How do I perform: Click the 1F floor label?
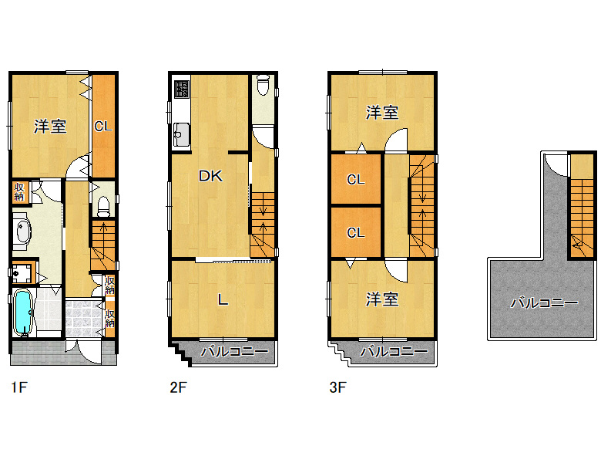(x=19, y=387)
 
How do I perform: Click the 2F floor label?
(x=178, y=387)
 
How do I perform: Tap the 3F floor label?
(x=337, y=387)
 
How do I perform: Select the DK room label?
(x=210, y=176)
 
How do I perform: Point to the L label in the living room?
(x=223, y=299)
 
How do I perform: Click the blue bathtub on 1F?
(x=22, y=313)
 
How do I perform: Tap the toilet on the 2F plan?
(x=263, y=85)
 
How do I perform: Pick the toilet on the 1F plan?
(x=103, y=207)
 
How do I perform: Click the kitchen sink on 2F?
(x=181, y=134)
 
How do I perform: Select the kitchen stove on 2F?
(x=182, y=89)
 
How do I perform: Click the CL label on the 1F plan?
(x=103, y=126)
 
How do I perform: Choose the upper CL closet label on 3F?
(x=355, y=179)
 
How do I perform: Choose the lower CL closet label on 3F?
(x=355, y=232)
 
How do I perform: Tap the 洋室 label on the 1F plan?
(x=50, y=127)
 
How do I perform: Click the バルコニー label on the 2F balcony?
(x=234, y=351)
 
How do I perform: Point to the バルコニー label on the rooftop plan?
(x=544, y=303)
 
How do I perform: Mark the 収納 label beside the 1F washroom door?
(x=19, y=192)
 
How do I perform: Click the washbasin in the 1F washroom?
(x=23, y=231)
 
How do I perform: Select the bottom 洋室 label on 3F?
(x=381, y=299)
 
